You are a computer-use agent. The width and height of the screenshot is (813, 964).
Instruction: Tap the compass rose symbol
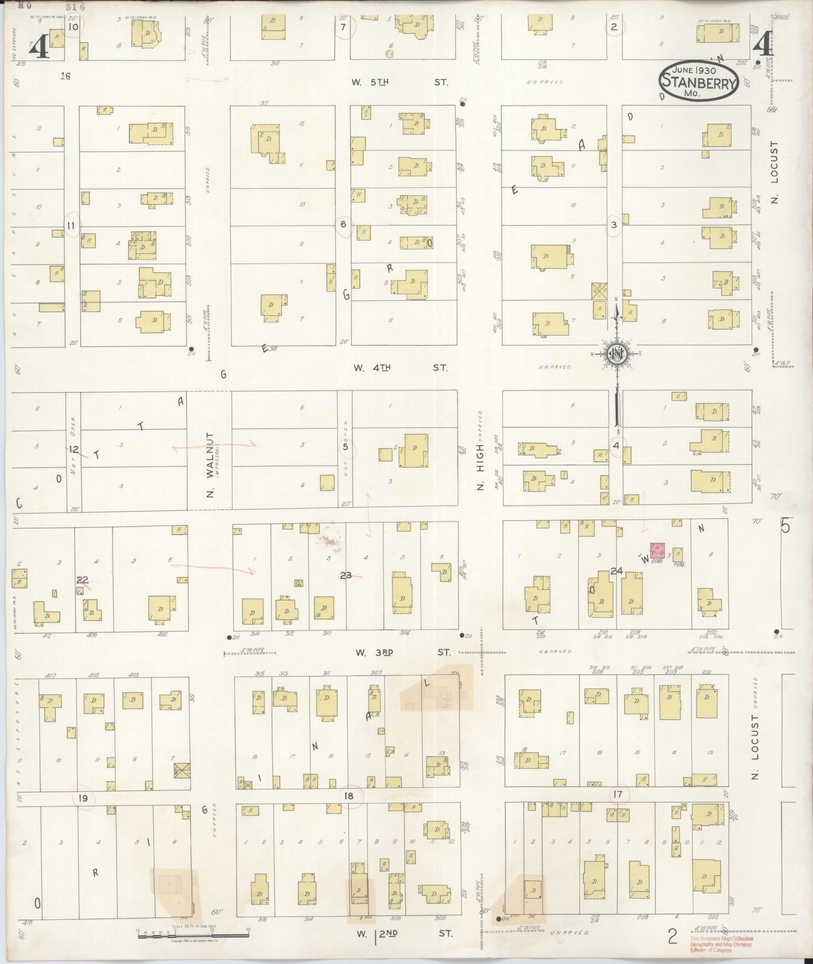616,353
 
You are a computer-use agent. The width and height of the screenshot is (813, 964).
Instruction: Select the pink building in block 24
657,550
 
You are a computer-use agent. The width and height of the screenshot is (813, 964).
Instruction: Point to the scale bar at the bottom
193,935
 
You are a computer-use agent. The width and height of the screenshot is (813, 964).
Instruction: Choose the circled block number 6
344,224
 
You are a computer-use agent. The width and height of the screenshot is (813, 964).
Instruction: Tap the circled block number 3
614,225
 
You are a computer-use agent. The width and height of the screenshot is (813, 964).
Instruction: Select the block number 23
346,574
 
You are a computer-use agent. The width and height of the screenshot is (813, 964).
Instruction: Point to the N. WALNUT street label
211,465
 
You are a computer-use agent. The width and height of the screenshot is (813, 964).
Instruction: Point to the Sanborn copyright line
194,941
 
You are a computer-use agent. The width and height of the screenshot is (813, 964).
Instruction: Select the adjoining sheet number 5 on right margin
785,526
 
